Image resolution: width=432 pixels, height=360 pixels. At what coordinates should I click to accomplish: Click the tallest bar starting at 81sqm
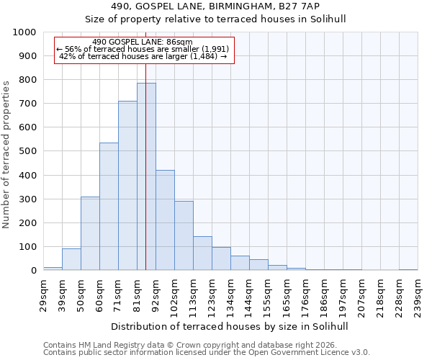point(146,176)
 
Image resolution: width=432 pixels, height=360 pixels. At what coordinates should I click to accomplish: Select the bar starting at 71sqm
point(127,186)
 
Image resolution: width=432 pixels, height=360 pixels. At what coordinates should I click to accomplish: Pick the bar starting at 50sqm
point(90,233)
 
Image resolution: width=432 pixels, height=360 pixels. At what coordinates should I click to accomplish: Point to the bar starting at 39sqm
point(71,259)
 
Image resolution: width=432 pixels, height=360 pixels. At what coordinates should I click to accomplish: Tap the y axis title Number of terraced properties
point(7,154)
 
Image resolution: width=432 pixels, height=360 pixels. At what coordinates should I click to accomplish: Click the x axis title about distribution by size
point(230,326)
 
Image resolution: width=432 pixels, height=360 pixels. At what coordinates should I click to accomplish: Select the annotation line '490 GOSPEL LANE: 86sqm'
point(143,42)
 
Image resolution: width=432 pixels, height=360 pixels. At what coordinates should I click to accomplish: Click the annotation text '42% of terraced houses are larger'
point(143,56)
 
